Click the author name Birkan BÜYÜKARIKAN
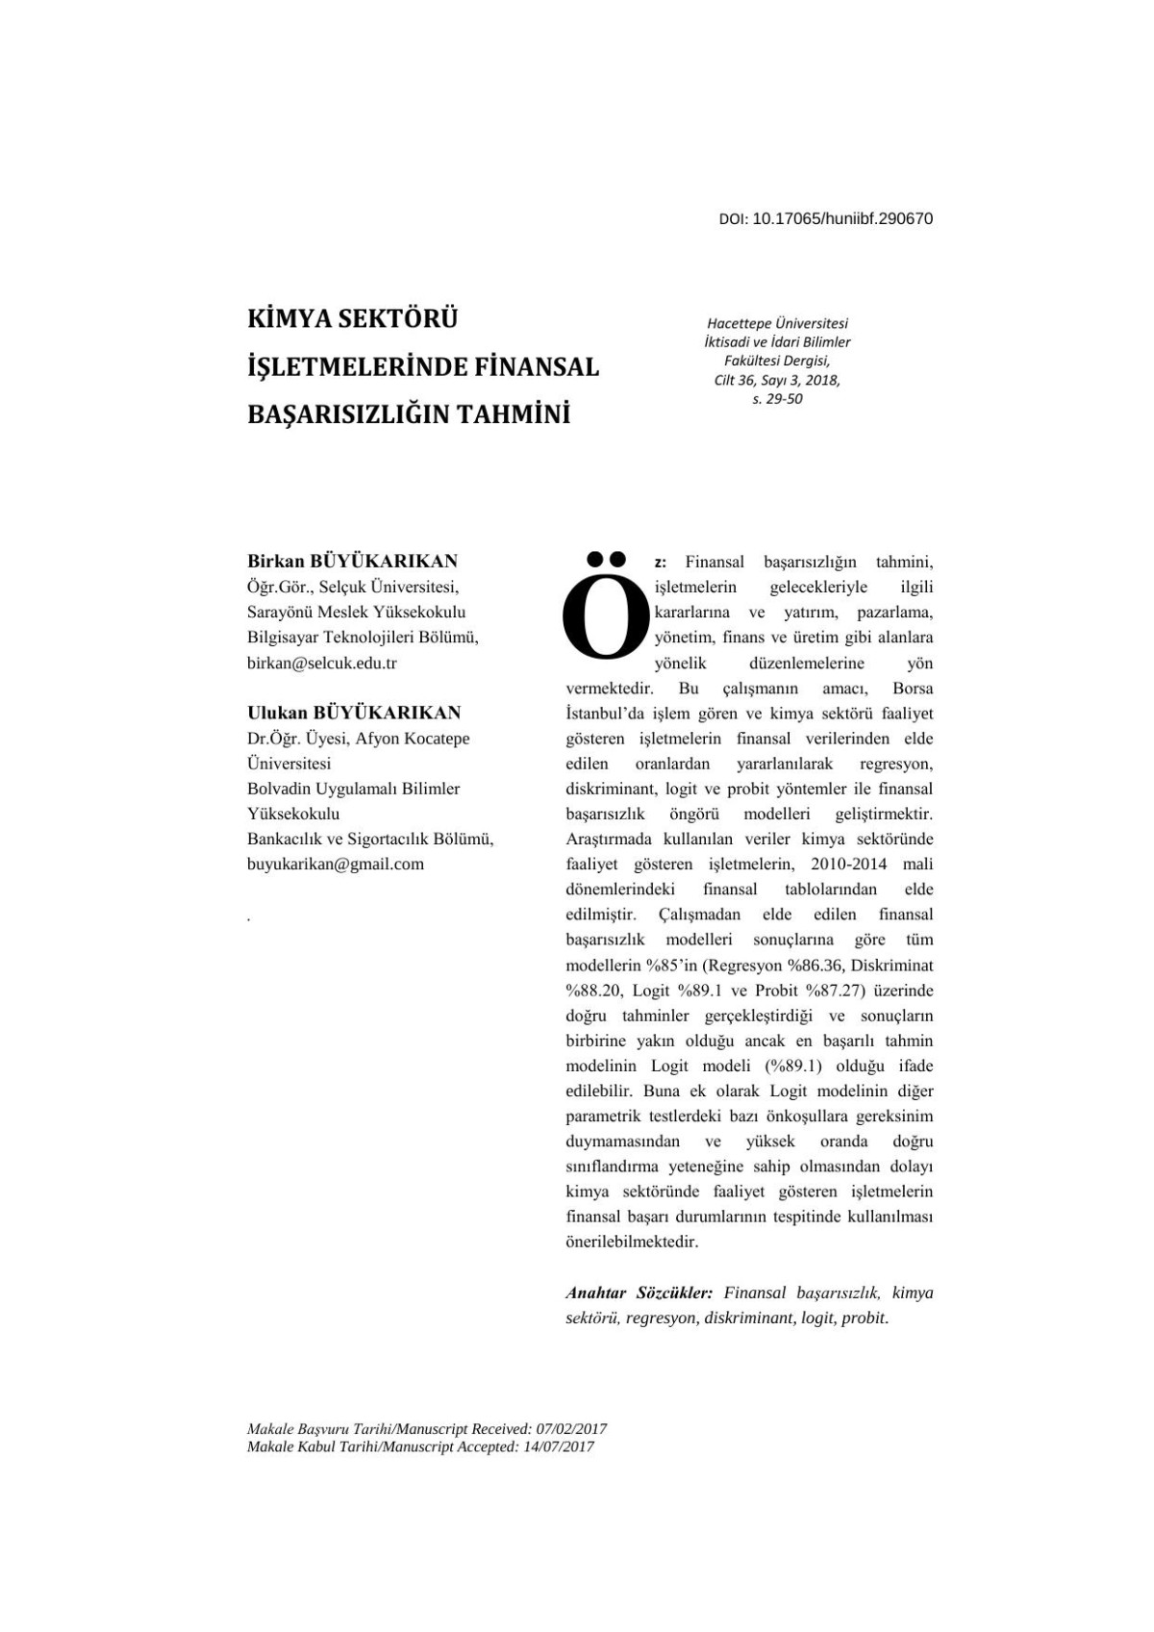[x=352, y=561]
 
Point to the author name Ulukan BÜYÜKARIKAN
[x=354, y=713]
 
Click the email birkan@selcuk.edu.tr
[x=322, y=663]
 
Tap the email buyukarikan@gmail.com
[x=336, y=864]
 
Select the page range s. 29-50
[x=777, y=399]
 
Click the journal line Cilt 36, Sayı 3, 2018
[x=777, y=380]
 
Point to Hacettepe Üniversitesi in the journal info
[x=777, y=323]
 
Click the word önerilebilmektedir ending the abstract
[x=632, y=1242]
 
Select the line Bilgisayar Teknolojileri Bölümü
[x=363, y=637]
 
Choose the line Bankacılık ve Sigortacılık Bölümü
[x=370, y=839]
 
